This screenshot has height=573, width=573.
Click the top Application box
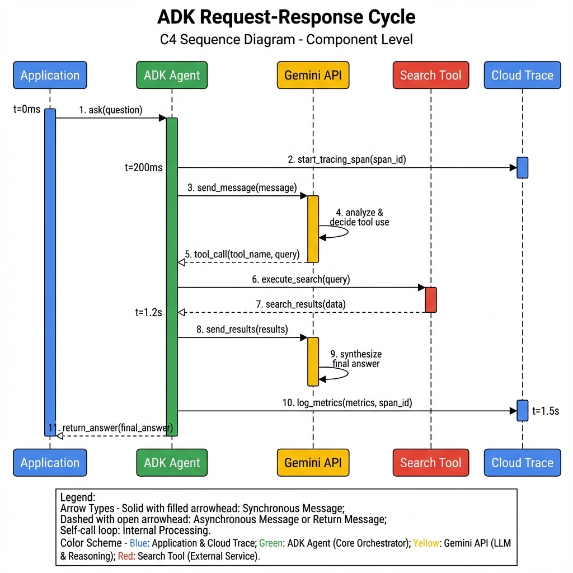point(50,76)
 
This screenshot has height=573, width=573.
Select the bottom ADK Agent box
point(172,463)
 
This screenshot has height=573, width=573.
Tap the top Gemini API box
point(313,76)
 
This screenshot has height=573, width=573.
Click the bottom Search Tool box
point(430,463)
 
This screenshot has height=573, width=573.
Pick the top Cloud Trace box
point(522,76)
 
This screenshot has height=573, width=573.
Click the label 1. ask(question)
point(111,110)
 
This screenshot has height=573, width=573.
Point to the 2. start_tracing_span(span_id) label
point(347,159)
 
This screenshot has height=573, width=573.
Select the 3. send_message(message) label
point(242,188)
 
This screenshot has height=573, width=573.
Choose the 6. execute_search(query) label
point(301,279)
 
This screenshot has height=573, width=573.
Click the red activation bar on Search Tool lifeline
point(431,299)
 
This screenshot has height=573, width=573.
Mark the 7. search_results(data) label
point(301,304)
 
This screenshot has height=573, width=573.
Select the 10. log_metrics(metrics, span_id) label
point(347,402)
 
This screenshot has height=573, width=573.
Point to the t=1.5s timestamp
point(546,411)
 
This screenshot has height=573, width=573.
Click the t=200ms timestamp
point(144,167)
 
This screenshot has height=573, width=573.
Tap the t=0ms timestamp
point(27,109)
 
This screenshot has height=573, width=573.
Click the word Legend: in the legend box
point(78,497)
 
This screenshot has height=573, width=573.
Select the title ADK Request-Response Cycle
point(286,17)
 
